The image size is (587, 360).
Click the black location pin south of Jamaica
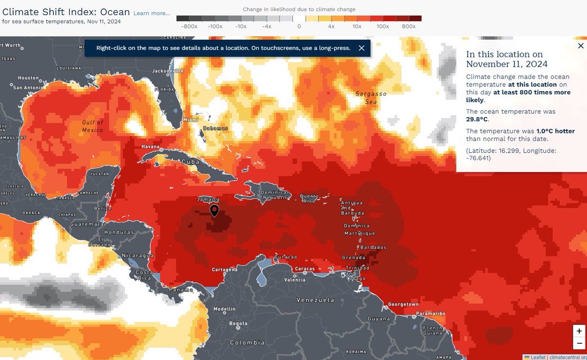coord(214,210)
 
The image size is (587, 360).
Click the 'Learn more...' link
coord(152,13)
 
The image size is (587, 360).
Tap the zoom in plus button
coord(579,331)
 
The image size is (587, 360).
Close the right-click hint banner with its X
coord(361,48)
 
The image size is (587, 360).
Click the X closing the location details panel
coord(581,45)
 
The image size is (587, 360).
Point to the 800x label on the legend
coord(408,26)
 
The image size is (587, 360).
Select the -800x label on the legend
coord(189,26)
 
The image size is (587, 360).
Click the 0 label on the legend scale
coord(298,26)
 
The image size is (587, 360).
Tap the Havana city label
coord(151,146)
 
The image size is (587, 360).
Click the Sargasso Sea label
coord(374,98)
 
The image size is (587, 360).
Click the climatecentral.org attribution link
coord(567,357)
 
